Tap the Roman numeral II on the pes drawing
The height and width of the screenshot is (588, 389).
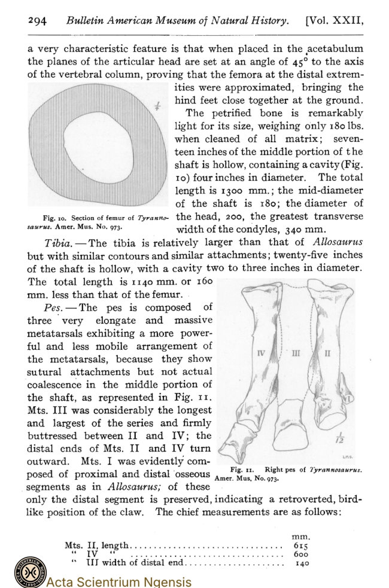pos(327,353)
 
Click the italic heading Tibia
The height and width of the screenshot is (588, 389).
pos(59,242)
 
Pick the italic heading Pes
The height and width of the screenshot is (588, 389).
pos(55,307)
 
